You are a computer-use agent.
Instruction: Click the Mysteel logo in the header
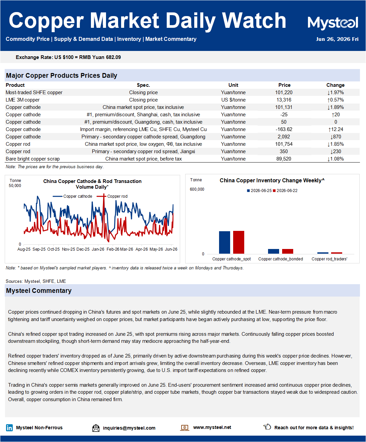pos(333,22)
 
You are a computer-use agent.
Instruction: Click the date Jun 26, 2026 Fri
pos(337,39)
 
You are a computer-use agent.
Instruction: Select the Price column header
pos(284,85)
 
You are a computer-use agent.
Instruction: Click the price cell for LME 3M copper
pos(284,100)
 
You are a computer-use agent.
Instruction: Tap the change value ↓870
pos(335,137)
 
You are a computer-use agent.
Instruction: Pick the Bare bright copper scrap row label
pos(33,159)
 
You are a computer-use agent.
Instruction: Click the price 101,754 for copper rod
pos(284,144)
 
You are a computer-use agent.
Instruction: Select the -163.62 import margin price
pos(284,129)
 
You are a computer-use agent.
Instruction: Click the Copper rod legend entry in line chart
pos(112,196)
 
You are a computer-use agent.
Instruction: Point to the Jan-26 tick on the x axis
pos(98,249)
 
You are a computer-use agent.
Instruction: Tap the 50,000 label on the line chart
pos(15,186)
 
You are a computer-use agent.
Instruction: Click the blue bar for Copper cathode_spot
pos(224,242)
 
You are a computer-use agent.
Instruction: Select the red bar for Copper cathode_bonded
pos(287,251)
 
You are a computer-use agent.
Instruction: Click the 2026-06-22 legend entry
pos(285,191)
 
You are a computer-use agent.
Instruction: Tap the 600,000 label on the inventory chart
pos(197,189)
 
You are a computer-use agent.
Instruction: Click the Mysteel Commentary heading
pos(39,291)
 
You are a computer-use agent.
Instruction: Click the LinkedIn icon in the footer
pos(9,428)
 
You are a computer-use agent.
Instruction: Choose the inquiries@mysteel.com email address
pos(129,428)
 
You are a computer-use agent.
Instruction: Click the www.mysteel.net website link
pos(212,427)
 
